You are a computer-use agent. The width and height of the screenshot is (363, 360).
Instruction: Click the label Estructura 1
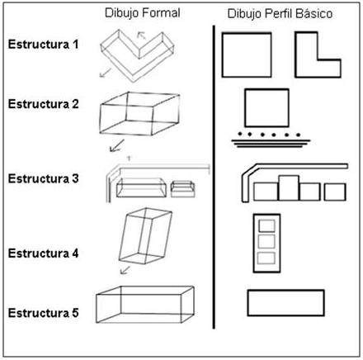(x=44, y=45)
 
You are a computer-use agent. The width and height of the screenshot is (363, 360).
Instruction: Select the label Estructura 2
(x=44, y=104)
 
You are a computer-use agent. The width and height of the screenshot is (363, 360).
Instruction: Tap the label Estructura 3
(x=44, y=178)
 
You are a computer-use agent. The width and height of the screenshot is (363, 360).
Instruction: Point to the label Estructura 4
(x=44, y=253)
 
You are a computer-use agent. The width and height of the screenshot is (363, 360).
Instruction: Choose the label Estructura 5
(x=44, y=313)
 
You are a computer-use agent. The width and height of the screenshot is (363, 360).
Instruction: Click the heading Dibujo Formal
(x=143, y=13)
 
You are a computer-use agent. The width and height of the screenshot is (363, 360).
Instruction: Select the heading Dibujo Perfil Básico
(x=280, y=14)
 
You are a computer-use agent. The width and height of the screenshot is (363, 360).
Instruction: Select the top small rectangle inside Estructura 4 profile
(x=266, y=225)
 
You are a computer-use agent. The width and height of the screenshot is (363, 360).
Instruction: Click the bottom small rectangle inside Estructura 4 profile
(x=266, y=258)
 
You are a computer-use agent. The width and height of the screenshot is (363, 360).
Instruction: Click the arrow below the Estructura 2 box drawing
(x=117, y=145)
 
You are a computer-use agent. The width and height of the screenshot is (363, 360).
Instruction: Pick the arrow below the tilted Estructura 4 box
(x=125, y=270)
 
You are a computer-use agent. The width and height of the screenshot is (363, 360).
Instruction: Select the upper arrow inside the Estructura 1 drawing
(x=141, y=36)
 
